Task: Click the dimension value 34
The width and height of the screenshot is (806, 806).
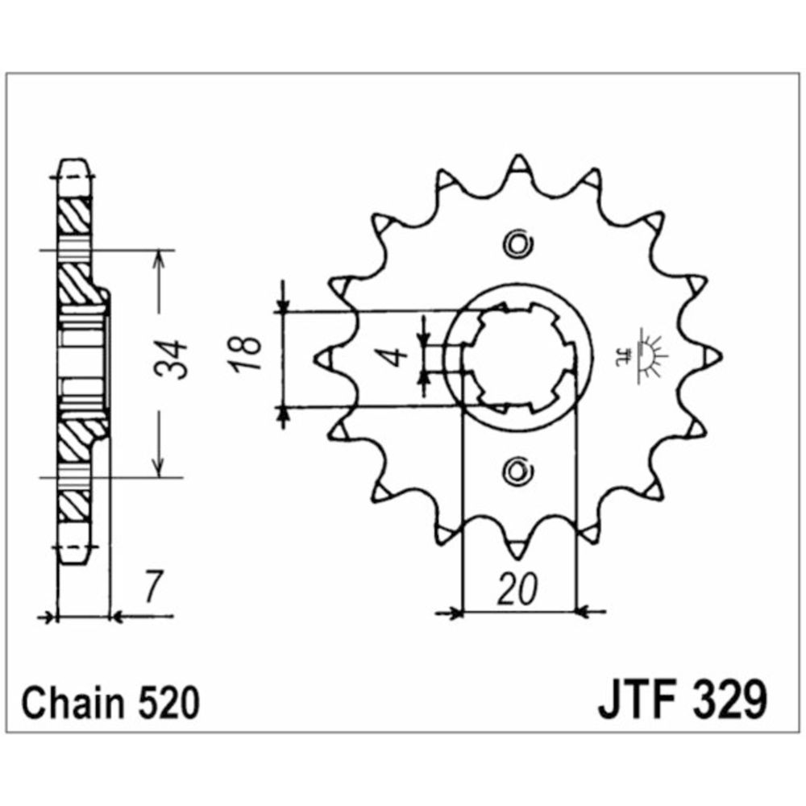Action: coord(172,360)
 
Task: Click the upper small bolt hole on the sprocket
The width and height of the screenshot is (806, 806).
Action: coord(517,243)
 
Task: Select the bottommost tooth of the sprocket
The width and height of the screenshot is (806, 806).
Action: coord(517,549)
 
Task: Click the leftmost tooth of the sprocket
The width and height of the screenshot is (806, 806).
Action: coord(326,355)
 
